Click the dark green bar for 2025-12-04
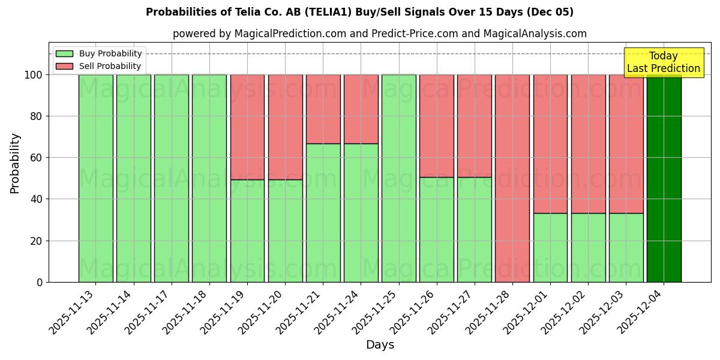point(664,178)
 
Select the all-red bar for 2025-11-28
point(512,178)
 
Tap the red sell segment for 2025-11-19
point(247,127)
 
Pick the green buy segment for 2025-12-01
point(550,247)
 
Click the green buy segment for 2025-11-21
point(323,212)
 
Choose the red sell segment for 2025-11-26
point(437,126)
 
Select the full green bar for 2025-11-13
point(95,178)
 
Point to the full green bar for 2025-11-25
point(399,178)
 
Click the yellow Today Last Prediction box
point(664,62)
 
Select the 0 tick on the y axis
point(40,282)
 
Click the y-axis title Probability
point(15,163)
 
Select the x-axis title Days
point(380,345)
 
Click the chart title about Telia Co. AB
point(359,12)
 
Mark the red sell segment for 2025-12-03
point(626,144)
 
